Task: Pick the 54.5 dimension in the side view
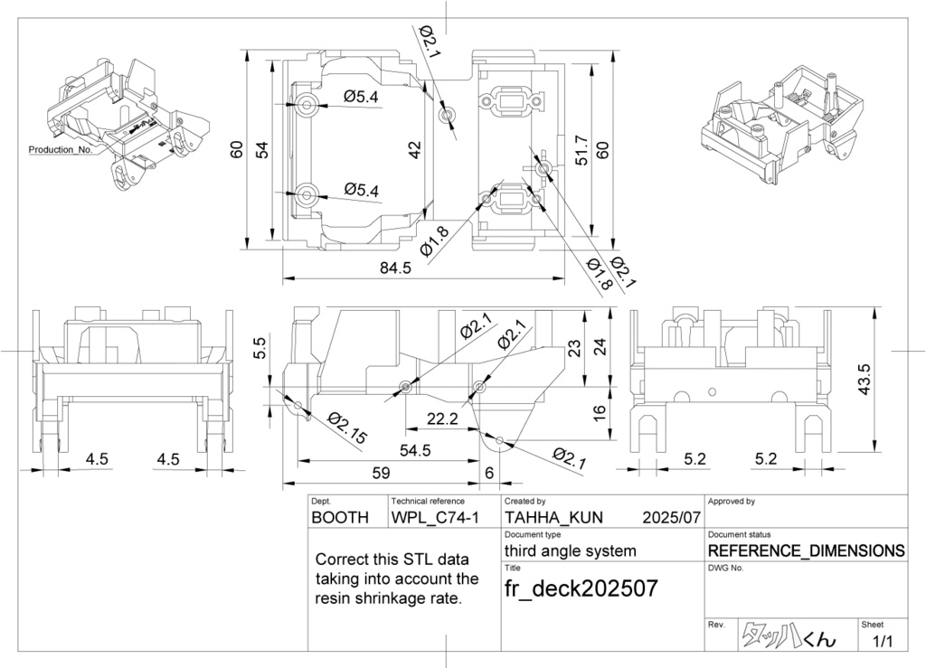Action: coord(415,450)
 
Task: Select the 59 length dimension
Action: coord(381,472)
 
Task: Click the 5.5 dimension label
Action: coord(260,348)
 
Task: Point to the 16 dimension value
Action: coord(599,411)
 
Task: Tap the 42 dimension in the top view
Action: coord(415,150)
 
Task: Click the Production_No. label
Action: coord(60,149)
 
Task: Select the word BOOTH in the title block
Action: coord(340,519)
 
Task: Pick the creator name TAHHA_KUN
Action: coord(553,519)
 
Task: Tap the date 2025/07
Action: coord(671,519)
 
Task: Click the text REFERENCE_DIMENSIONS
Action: coord(806,550)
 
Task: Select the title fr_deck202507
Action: coord(581,588)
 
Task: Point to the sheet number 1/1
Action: coord(882,642)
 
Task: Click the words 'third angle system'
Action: coord(570,550)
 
